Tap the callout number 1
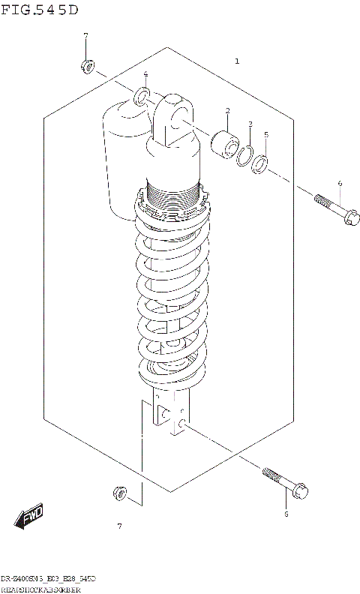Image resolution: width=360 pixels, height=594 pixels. pyautogui.click(x=237, y=61)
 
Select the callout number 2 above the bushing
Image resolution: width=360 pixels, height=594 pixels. pyautogui.click(x=226, y=111)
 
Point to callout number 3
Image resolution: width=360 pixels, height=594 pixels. pyautogui.click(x=250, y=124)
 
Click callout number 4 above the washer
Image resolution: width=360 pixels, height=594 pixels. pyautogui.click(x=145, y=73)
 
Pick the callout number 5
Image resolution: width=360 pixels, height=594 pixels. pyautogui.click(x=266, y=135)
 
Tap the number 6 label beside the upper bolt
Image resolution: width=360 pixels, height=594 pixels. pyautogui.click(x=339, y=183)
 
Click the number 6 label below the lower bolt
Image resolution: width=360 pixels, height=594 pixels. pyautogui.click(x=286, y=514)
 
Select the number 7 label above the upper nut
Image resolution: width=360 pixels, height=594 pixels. pyautogui.click(x=85, y=36)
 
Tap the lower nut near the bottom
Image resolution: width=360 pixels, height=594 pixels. pyautogui.click(x=118, y=493)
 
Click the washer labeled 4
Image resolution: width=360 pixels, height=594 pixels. pyautogui.click(x=141, y=97)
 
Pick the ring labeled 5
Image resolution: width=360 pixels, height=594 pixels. pyautogui.click(x=260, y=163)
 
